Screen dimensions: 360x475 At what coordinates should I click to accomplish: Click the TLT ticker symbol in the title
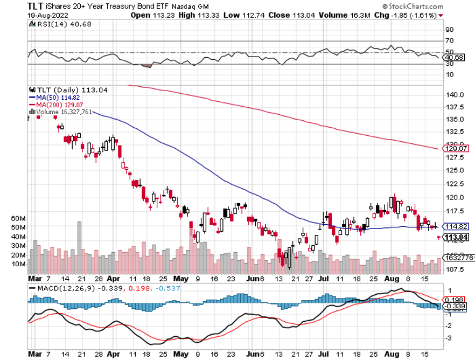click(36, 5)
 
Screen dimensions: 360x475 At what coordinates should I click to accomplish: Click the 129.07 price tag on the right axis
click(456, 148)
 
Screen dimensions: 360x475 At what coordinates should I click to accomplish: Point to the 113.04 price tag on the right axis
click(456, 237)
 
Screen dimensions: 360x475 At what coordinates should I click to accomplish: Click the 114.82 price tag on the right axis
click(456, 227)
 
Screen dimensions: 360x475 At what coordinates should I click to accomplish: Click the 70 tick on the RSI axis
click(449, 40)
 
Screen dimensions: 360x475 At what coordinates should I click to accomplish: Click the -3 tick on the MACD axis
click(448, 338)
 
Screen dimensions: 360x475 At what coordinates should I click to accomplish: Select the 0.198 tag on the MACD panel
click(454, 300)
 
